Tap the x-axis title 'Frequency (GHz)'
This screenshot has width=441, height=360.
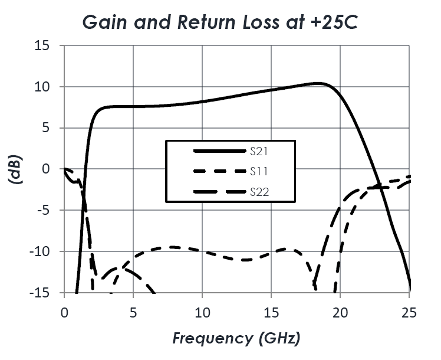click(236, 338)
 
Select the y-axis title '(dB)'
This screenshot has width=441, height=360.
click(16, 169)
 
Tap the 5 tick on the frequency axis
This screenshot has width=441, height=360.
click(133, 312)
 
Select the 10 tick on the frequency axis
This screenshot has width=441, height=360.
click(202, 312)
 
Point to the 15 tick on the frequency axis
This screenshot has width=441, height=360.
click(271, 312)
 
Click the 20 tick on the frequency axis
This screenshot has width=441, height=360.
click(341, 312)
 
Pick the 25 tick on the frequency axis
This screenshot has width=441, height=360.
click(410, 312)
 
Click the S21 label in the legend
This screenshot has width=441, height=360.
click(260, 152)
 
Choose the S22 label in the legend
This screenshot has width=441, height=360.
click(260, 191)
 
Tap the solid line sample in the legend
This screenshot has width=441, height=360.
click(219, 152)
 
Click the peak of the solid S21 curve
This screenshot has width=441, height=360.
click(317, 83)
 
